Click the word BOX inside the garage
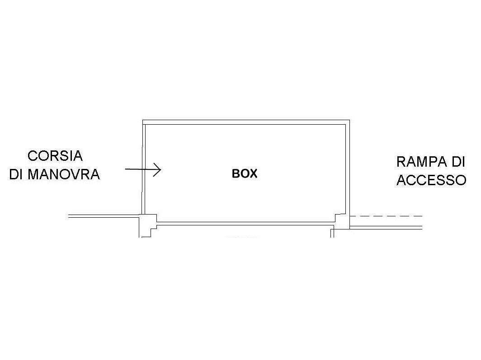(245, 174)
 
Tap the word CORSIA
(55, 156)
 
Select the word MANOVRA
(64, 174)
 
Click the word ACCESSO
(431, 180)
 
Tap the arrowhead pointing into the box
(157, 169)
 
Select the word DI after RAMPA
(458, 162)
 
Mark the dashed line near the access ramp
(386, 216)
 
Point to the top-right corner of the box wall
(349, 120)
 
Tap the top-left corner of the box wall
(143, 120)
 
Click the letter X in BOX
(253, 174)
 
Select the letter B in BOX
(236, 174)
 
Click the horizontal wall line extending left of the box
(104, 216)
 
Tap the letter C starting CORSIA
(32, 156)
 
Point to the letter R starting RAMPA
(401, 162)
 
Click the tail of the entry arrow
(126, 169)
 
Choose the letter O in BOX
(244, 174)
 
